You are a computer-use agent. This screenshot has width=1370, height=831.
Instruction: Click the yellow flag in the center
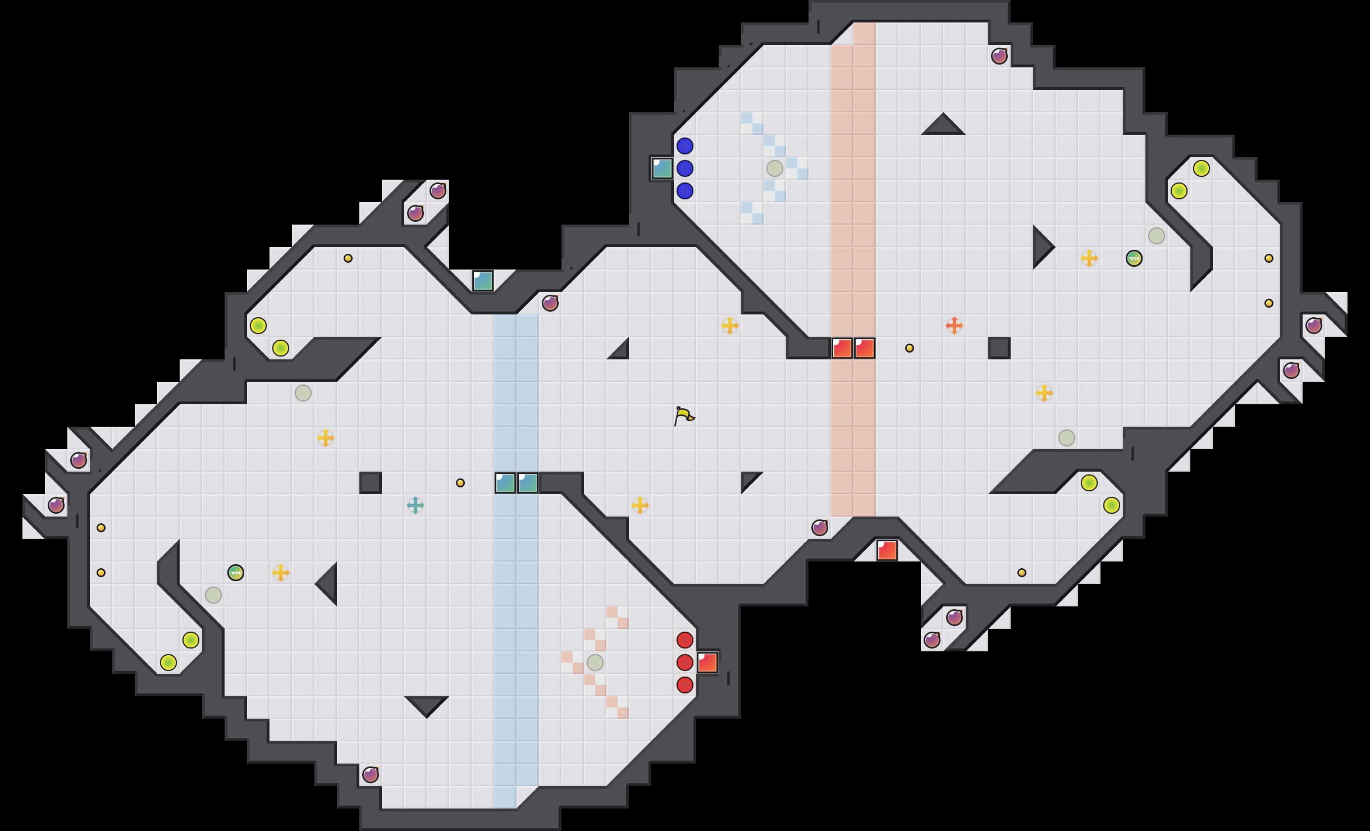pos(683,416)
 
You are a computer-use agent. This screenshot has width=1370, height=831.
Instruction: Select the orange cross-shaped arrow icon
pos(954,325)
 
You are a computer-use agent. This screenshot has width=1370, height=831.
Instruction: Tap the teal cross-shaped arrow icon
pos(415,505)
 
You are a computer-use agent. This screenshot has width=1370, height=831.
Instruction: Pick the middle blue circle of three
pos(684,168)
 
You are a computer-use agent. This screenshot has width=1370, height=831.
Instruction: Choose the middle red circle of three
pos(684,662)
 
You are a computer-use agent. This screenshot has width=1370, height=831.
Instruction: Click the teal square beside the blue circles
pos(662,168)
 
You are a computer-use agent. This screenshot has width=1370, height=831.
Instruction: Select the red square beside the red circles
pos(707,662)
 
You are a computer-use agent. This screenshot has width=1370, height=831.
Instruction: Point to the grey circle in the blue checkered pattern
pos(774,168)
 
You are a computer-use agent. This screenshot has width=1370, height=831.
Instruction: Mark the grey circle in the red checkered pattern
pos(595,662)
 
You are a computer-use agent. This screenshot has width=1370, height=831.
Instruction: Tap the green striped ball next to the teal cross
pos(235,572)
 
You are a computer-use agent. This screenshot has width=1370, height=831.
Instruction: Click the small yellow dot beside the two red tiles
pos(909,348)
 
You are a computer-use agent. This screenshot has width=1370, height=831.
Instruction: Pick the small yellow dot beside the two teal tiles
pos(460,482)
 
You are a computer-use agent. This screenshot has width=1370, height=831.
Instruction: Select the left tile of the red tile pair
pos(842,348)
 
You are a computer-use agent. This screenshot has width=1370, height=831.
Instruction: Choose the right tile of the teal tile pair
pos(527,482)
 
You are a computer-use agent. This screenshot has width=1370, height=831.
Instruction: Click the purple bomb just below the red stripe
pos(819,527)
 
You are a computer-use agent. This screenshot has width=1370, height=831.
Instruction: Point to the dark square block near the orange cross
pos(999,348)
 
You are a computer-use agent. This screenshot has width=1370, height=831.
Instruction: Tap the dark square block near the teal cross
pos(370,482)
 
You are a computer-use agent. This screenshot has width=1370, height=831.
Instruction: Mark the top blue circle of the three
pos(684,145)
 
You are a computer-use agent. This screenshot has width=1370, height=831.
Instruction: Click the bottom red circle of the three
pos(684,684)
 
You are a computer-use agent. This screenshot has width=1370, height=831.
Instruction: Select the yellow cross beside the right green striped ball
pos(1089,258)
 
